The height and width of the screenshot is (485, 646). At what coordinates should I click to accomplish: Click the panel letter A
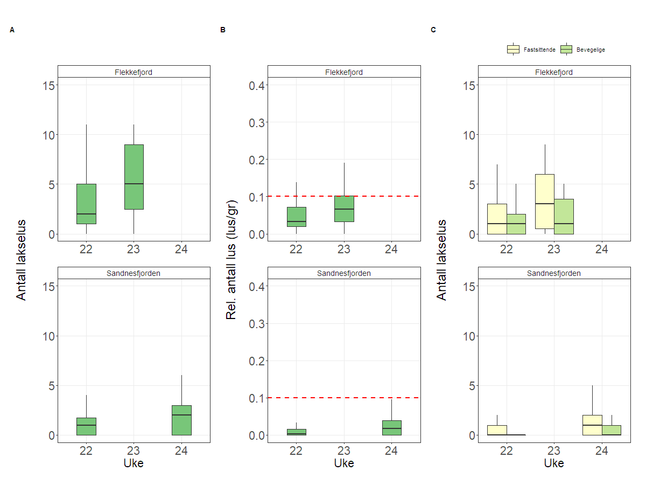click(12, 30)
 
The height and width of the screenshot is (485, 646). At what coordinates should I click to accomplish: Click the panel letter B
click(223, 30)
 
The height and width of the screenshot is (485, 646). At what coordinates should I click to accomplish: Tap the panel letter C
click(433, 30)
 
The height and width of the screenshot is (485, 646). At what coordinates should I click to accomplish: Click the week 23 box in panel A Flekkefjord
click(134, 177)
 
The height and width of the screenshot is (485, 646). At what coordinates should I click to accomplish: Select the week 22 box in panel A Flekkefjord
click(86, 204)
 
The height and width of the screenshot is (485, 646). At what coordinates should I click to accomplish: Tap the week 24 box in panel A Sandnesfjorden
click(182, 420)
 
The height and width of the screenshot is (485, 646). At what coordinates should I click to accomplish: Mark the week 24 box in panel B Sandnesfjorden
click(391, 428)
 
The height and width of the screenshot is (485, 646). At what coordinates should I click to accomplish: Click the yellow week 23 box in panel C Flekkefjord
click(545, 201)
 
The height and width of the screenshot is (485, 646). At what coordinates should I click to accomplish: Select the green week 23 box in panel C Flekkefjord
click(564, 216)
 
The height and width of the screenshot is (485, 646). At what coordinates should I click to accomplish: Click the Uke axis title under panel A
click(134, 463)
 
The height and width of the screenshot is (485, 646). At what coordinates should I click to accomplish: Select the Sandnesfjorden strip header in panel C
click(554, 273)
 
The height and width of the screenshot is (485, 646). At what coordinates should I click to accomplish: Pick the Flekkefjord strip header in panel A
click(134, 72)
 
